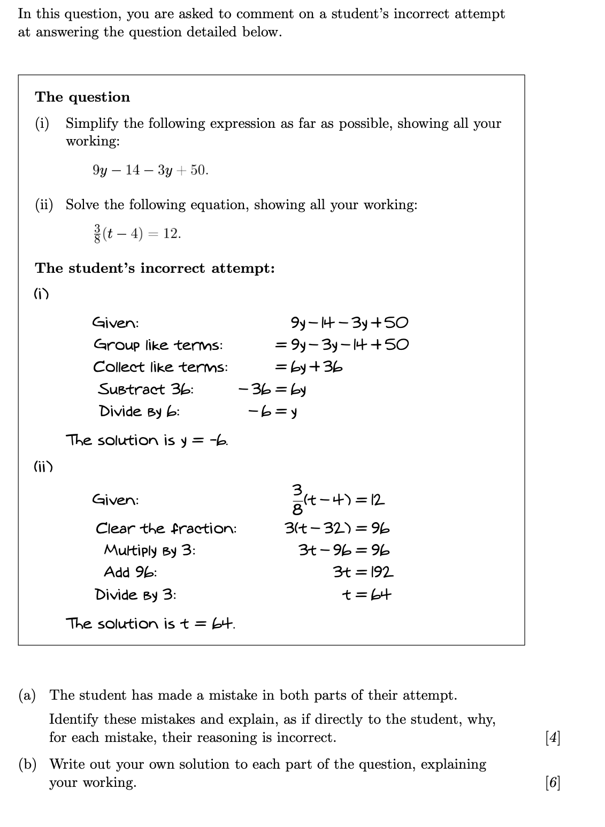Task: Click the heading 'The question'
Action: [x=82, y=97]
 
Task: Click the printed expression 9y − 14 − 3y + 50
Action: [x=150, y=170]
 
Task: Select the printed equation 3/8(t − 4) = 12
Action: [x=136, y=233]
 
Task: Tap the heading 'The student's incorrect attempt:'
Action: [x=155, y=268]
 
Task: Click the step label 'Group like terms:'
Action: [x=158, y=345]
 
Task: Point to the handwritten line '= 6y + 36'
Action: [x=309, y=367]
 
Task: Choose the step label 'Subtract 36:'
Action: [x=145, y=389]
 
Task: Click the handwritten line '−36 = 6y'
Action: [x=272, y=389]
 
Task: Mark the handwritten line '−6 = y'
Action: [x=273, y=411]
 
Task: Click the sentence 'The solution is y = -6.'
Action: [x=147, y=440]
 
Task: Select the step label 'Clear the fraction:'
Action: [x=166, y=529]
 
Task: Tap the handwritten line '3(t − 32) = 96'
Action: [x=337, y=529]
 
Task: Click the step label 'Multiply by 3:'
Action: [x=150, y=550]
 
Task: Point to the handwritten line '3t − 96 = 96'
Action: [x=344, y=550]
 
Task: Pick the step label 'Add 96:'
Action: [x=131, y=572]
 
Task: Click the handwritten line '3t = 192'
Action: [x=363, y=572]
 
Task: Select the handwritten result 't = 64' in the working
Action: [x=367, y=594]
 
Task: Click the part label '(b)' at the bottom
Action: [x=27, y=764]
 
